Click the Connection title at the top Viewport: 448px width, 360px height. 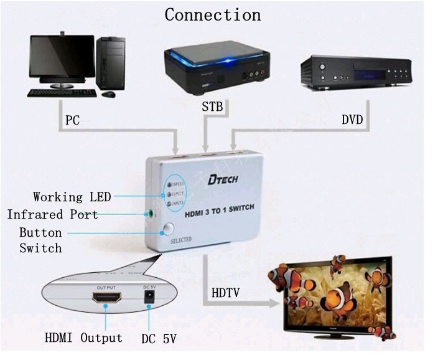[213, 14]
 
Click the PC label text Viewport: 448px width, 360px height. [73, 120]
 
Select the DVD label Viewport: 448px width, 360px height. [352, 120]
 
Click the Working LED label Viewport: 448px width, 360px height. [72, 197]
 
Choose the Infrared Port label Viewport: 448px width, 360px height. [52, 214]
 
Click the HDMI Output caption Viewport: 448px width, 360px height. [83, 338]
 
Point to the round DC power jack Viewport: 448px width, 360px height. [148, 300]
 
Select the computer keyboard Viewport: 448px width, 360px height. [62, 93]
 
